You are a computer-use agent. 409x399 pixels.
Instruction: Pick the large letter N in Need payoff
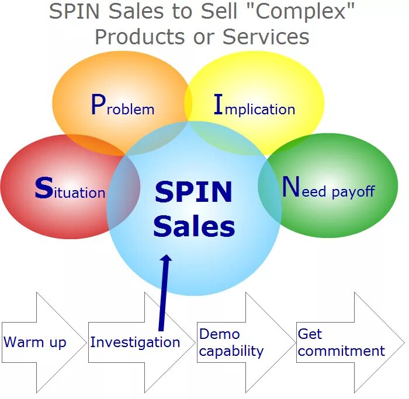pyautogui.click(x=290, y=187)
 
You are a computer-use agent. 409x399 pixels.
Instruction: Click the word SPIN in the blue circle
pyautogui.click(x=193, y=192)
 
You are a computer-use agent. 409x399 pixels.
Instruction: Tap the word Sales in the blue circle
pyautogui.click(x=194, y=226)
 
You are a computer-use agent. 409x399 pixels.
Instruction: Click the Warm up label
pyautogui.click(x=35, y=342)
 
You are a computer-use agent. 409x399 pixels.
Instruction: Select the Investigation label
pyautogui.click(x=135, y=342)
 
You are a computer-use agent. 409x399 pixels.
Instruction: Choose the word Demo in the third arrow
pyautogui.click(x=220, y=334)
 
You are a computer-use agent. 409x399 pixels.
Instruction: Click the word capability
pyautogui.click(x=231, y=351)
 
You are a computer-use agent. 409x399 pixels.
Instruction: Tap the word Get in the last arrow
pyautogui.click(x=310, y=334)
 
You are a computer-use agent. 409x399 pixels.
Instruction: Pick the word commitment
pyautogui.click(x=341, y=351)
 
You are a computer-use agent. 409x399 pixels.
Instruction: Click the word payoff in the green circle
pyautogui.click(x=353, y=191)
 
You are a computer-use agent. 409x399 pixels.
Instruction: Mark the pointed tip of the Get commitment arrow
pyautogui.click(x=404, y=342)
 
